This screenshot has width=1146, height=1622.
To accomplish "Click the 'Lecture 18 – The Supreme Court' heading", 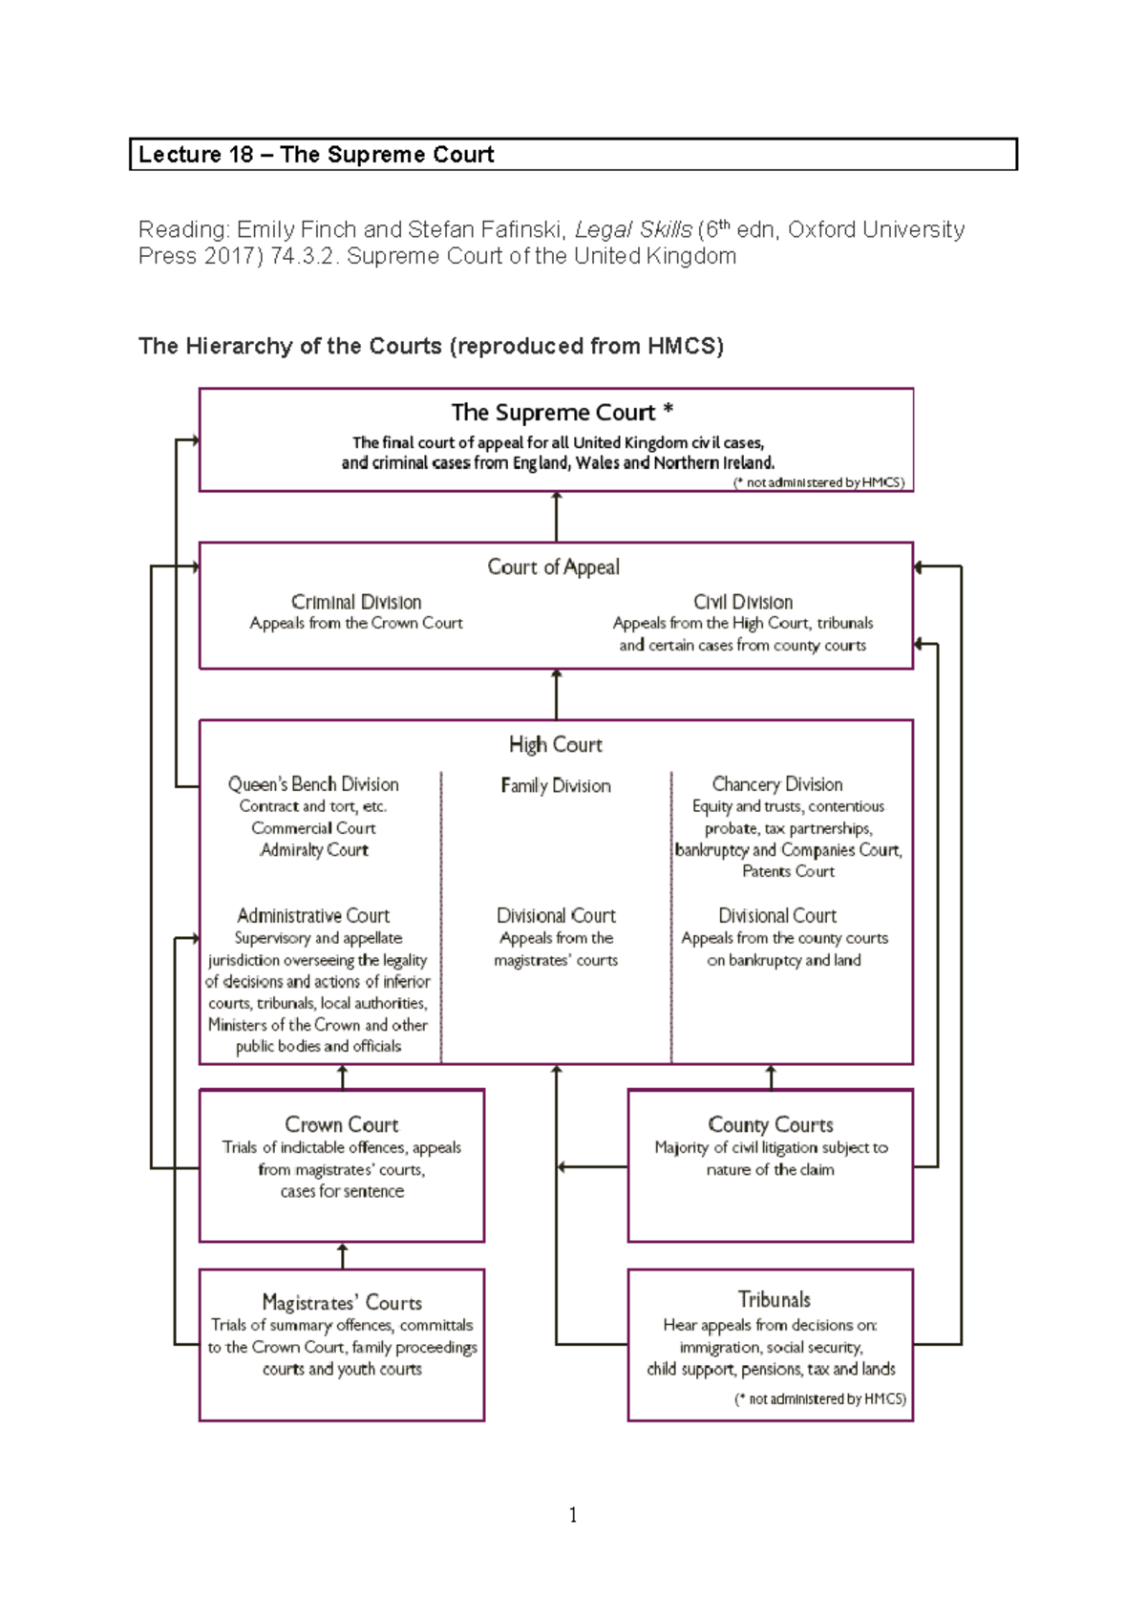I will click(x=316, y=155).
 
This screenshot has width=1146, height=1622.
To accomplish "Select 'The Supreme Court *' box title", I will click(x=562, y=413).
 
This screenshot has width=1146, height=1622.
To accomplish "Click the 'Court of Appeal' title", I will click(x=553, y=567).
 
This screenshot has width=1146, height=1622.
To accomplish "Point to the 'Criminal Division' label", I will click(x=356, y=602).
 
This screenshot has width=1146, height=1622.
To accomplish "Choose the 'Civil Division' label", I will click(x=743, y=602).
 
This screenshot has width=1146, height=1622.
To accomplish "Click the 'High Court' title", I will click(x=555, y=744).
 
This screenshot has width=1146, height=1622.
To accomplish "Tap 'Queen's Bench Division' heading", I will click(x=313, y=784).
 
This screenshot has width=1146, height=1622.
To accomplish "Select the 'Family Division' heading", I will click(x=555, y=785).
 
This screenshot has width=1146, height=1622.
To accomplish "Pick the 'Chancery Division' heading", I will click(x=777, y=784).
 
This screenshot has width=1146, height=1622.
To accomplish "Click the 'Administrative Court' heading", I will click(x=313, y=915).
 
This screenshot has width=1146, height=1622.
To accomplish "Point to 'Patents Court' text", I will click(x=788, y=871).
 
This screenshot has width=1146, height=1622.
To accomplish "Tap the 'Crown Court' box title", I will click(x=341, y=1124).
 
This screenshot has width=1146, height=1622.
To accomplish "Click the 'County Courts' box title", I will click(x=770, y=1124).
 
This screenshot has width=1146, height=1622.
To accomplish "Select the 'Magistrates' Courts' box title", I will click(x=341, y=1302).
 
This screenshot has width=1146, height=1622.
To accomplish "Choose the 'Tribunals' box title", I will click(x=774, y=1299).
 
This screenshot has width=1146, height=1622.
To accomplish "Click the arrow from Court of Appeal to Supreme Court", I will click(x=557, y=517).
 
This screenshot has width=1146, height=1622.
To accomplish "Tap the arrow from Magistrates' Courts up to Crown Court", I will click(x=343, y=1255).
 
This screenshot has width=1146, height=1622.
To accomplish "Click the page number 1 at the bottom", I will click(x=572, y=1515).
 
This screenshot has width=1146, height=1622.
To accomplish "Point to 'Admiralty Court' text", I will click(x=313, y=850).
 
